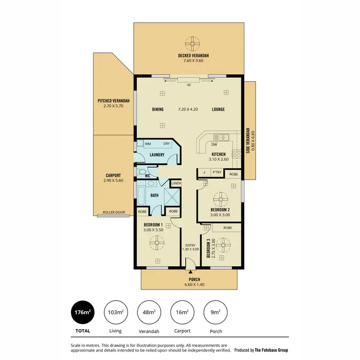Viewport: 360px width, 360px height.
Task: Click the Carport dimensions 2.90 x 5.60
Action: coord(113,180)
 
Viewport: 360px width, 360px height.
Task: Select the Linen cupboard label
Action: coord(176,183)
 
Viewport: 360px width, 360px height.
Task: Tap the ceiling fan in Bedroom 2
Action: coord(222,198)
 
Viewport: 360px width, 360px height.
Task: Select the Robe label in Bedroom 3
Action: coord(228,228)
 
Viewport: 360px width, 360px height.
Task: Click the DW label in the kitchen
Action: coord(215,144)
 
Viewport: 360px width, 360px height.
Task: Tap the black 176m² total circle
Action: coord(83,313)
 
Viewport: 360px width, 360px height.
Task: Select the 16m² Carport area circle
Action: coord(182,313)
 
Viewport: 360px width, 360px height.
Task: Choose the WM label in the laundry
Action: coord(148,144)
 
